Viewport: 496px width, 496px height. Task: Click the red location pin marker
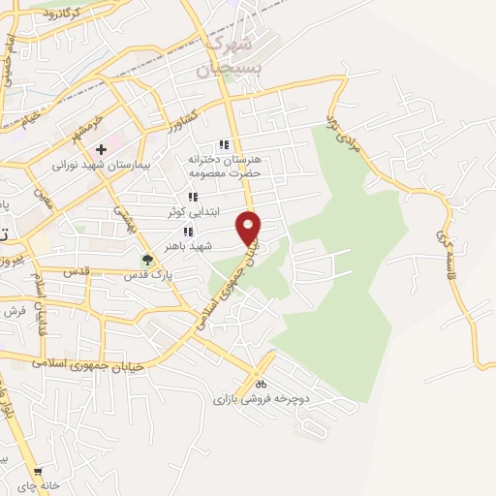point(249,226)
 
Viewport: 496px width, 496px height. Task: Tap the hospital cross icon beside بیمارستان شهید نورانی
point(100,149)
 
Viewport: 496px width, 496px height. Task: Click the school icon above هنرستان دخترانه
point(225,145)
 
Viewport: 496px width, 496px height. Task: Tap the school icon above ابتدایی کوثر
point(193,197)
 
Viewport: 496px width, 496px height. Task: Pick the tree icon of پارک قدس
point(147,259)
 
